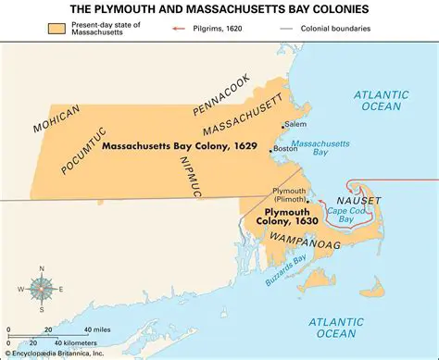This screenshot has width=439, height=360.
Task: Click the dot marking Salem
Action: point(281,124)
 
